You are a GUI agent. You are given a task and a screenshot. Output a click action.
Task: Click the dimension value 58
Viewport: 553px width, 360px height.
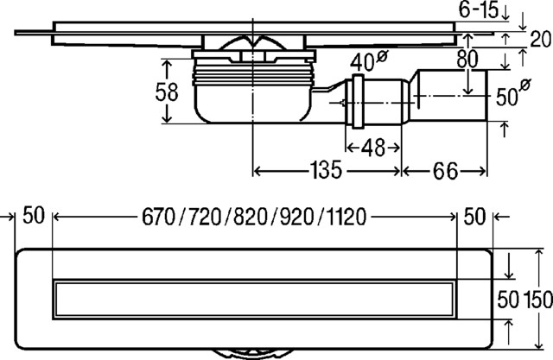point(167,92)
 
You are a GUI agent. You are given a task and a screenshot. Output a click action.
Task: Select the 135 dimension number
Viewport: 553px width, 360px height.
point(326,170)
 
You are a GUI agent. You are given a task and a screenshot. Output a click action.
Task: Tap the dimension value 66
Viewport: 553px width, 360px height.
point(445,171)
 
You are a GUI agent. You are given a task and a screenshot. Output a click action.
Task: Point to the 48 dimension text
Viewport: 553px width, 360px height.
point(373,148)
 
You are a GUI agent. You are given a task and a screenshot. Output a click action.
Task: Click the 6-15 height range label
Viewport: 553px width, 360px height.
point(478,9)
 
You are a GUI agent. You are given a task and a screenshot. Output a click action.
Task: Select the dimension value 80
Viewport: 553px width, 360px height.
point(467,60)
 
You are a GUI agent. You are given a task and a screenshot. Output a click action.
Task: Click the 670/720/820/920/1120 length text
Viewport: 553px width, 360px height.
point(254,217)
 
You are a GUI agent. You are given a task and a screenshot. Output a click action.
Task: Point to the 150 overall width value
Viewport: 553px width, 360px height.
point(538,300)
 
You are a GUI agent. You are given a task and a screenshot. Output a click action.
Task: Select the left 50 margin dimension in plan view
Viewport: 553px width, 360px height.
point(34,215)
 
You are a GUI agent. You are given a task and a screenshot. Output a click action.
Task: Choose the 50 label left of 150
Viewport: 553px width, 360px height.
point(508,300)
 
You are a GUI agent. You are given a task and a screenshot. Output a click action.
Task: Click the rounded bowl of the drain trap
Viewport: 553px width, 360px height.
point(253,104)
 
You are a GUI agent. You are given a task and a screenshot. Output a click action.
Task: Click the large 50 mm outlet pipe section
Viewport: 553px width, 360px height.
point(451,95)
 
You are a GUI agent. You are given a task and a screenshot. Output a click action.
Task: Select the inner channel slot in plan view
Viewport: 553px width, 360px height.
point(254,300)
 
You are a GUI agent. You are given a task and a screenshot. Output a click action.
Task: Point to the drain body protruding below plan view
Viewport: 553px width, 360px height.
point(253,354)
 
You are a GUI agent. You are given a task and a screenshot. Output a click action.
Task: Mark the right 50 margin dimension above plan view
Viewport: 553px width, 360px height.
point(474,217)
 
